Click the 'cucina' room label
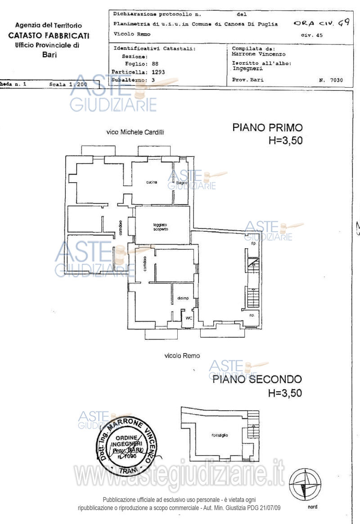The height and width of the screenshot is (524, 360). tap(151, 182)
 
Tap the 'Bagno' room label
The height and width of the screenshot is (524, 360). tap(181, 182)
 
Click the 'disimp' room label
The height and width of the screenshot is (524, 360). tap(183, 298)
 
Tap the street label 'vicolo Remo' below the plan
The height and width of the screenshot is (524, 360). tap(182, 355)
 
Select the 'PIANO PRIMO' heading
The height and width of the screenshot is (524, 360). tap(267, 127)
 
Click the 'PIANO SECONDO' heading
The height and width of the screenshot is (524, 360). tap(257, 379)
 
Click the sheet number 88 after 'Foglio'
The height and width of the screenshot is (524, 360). tap(155, 64)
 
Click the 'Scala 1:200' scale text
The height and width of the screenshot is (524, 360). tap(68, 84)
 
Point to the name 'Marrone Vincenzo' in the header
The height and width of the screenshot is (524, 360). tap(255, 54)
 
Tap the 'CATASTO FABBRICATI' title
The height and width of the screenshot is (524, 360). tap(49, 36)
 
